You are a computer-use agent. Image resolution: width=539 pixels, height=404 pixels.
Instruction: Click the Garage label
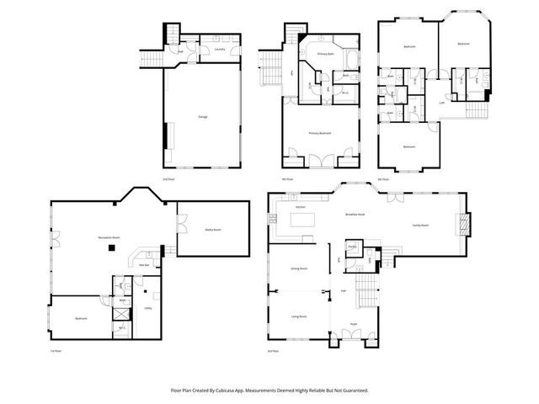202,117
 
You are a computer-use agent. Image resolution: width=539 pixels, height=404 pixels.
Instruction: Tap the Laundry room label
219,50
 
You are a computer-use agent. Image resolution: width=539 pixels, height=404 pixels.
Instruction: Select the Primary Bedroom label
319,133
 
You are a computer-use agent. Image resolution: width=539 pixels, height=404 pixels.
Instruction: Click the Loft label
441,102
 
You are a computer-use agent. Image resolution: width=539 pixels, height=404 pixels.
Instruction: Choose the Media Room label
212,229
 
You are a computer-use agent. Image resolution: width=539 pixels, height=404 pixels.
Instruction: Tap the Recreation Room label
109,238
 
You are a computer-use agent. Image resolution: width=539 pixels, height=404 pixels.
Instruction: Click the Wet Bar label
144,266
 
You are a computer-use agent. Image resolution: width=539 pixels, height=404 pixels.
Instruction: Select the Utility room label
147,308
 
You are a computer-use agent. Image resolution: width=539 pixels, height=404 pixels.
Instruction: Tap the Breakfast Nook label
355,214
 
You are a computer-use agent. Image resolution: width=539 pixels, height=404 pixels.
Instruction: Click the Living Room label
298,316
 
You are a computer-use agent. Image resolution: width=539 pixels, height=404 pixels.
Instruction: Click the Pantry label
352,247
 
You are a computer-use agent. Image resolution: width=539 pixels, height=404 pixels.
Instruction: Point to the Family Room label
420,226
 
